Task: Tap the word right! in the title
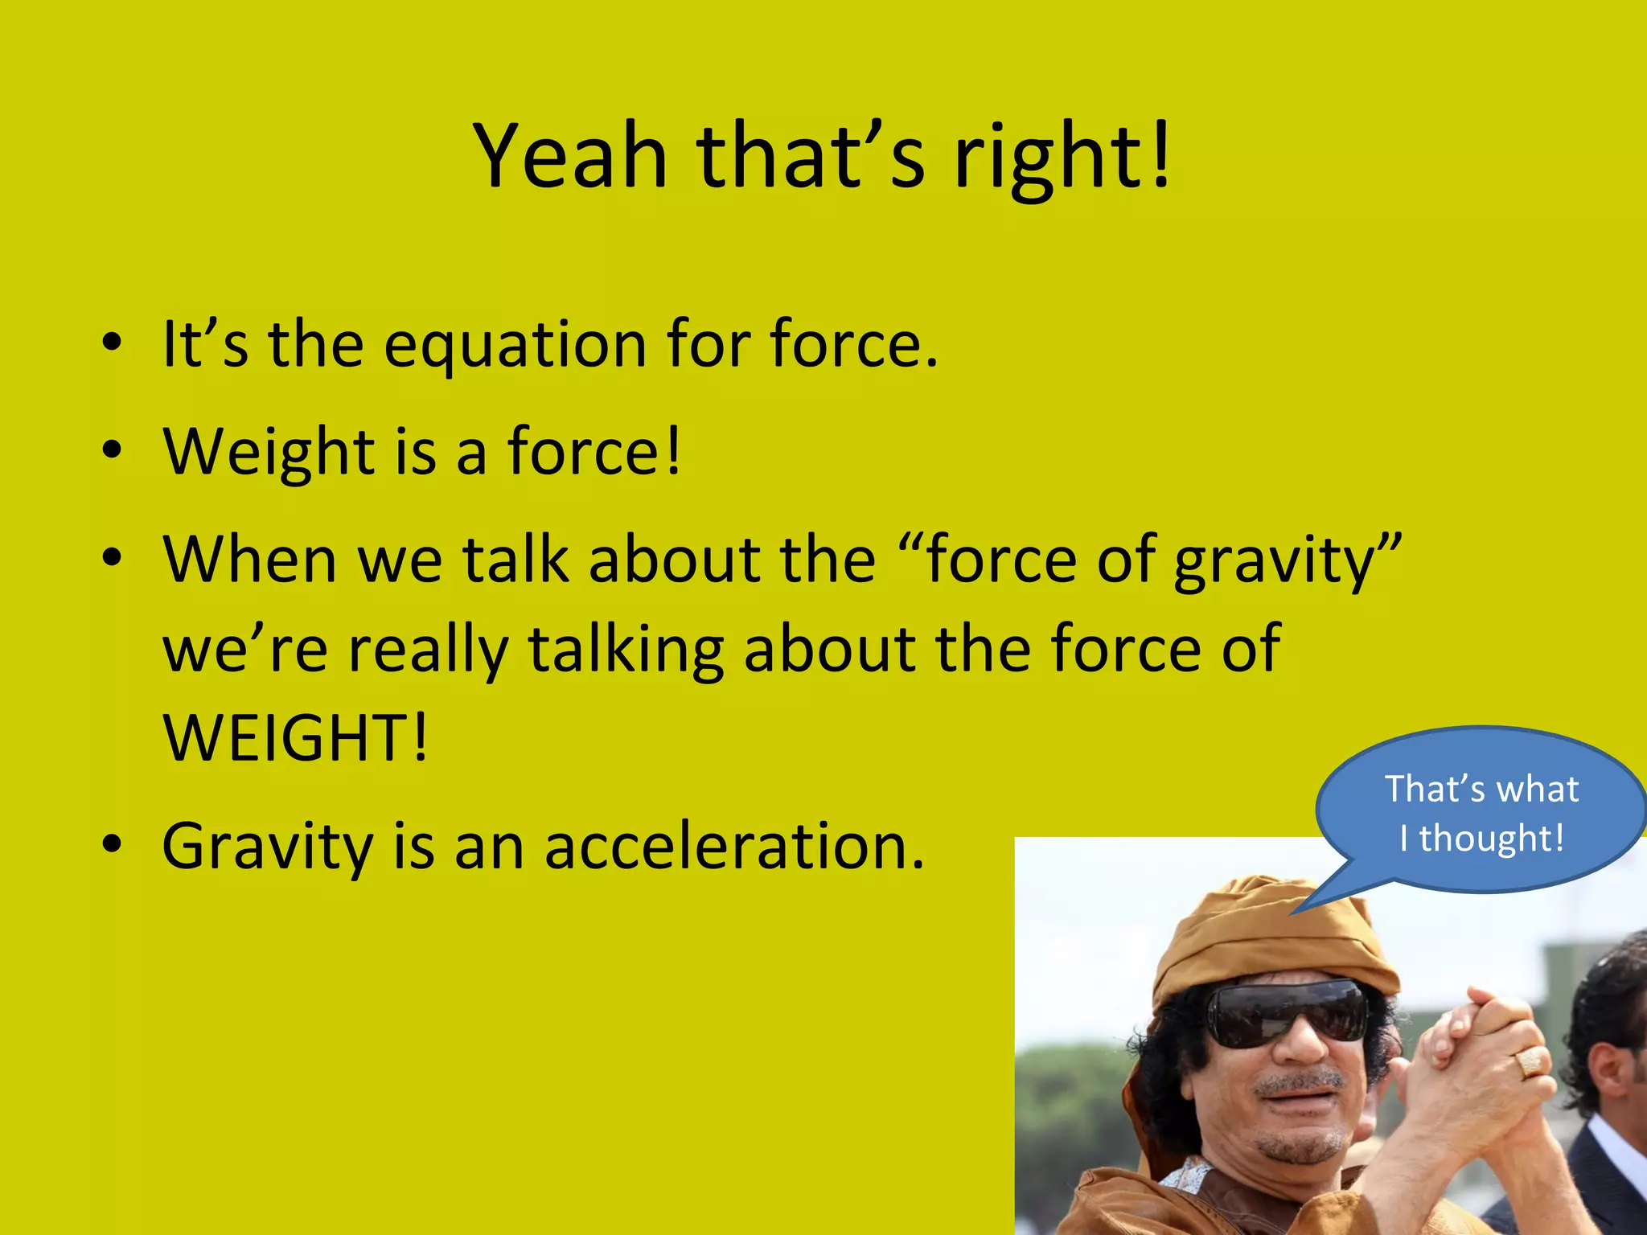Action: pos(1062,159)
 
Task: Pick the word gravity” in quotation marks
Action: pos(1288,560)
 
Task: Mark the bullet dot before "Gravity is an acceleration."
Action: pos(112,844)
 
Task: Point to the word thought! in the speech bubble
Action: pos(1491,839)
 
